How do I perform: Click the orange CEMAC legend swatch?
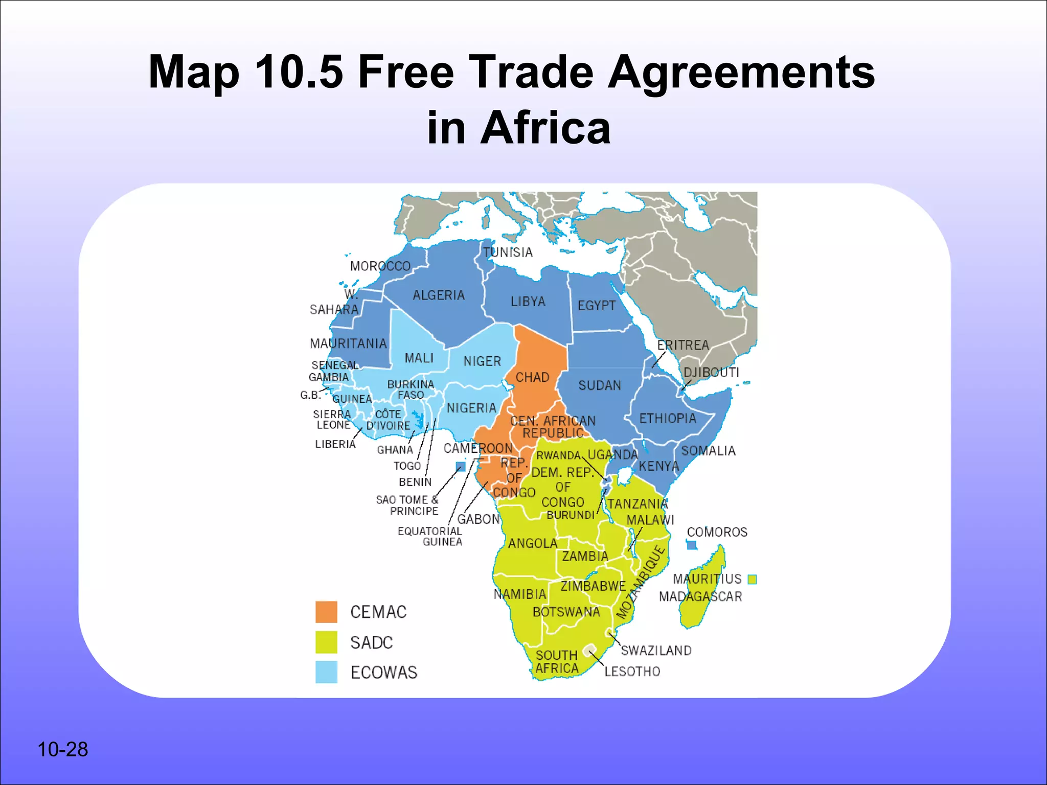tap(326, 612)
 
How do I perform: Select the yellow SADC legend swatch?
tap(326, 642)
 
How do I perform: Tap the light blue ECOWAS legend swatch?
tap(326, 672)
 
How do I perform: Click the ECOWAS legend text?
tap(384, 672)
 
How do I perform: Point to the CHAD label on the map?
tap(532, 378)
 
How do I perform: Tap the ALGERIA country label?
tap(439, 295)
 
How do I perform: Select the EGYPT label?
tap(597, 306)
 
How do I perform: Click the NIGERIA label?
tap(471, 408)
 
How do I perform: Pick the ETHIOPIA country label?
tap(668, 419)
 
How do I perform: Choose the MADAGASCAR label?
tap(700, 596)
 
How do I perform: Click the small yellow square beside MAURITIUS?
tap(752, 579)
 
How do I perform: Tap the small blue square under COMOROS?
tap(692, 545)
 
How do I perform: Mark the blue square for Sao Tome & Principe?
tap(460, 466)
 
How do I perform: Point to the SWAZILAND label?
tap(656, 651)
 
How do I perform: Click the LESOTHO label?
tap(632, 672)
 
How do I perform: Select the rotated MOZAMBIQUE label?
tap(641, 582)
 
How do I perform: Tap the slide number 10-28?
tap(62, 749)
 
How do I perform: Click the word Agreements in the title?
tap(741, 72)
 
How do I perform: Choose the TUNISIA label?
tap(508, 252)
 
